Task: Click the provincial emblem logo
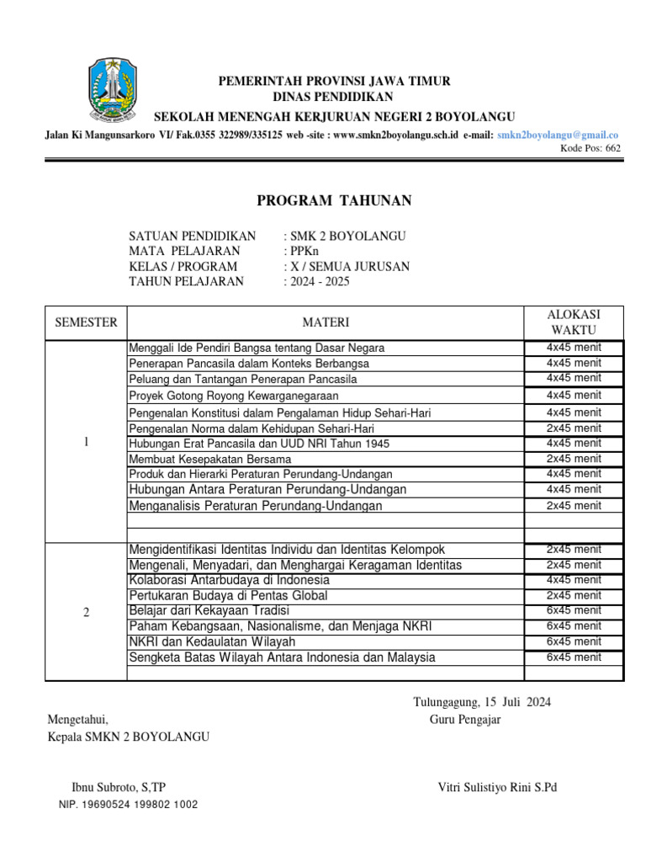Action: [x=109, y=90]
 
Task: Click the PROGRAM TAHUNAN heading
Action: [x=334, y=200]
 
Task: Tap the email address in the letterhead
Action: [x=558, y=135]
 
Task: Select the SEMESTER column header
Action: [x=86, y=322]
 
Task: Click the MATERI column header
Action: [x=326, y=322]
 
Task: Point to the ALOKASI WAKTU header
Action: [x=574, y=322]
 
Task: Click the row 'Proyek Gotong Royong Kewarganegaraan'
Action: [x=234, y=396]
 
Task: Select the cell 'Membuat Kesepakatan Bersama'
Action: [x=210, y=459]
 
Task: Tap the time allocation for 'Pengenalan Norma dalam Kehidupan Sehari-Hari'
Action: [x=574, y=428]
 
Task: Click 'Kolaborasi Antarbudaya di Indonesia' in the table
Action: [x=229, y=580]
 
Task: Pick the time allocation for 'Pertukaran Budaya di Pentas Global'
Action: [x=574, y=595]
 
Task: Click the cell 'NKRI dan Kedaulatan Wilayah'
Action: [x=212, y=641]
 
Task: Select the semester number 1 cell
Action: [x=87, y=443]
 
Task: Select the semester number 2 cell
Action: [x=87, y=612]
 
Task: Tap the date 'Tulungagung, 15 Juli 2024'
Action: [x=482, y=702]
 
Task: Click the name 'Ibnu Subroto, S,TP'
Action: [x=119, y=787]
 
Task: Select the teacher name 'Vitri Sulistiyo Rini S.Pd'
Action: [x=497, y=787]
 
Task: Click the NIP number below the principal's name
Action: [x=129, y=805]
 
